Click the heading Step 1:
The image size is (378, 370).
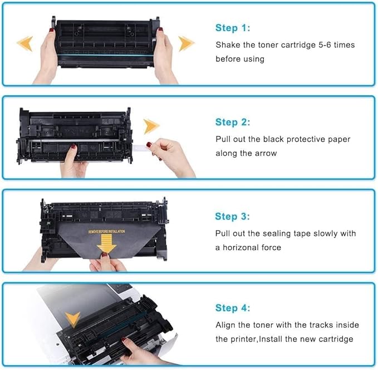coord(233,28)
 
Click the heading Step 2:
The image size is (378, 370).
coord(233,122)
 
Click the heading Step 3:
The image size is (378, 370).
coord(233,216)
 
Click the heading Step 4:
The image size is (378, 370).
coord(233,308)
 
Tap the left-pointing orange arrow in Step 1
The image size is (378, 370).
coord(24,43)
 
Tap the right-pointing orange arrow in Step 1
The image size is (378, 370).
coord(186,43)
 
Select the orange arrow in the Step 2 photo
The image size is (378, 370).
coord(151,127)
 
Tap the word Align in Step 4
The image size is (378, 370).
coord(226,325)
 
